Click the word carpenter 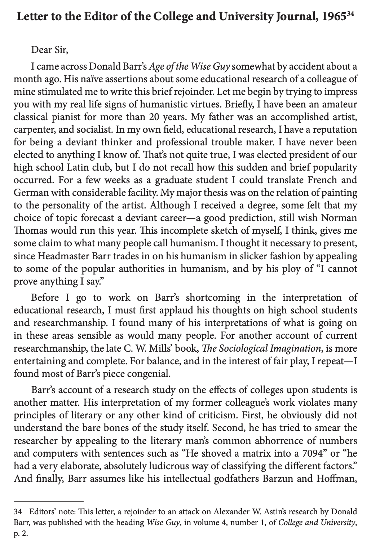[31, 130]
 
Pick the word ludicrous [184, 466]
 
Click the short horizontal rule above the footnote [48, 501]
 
